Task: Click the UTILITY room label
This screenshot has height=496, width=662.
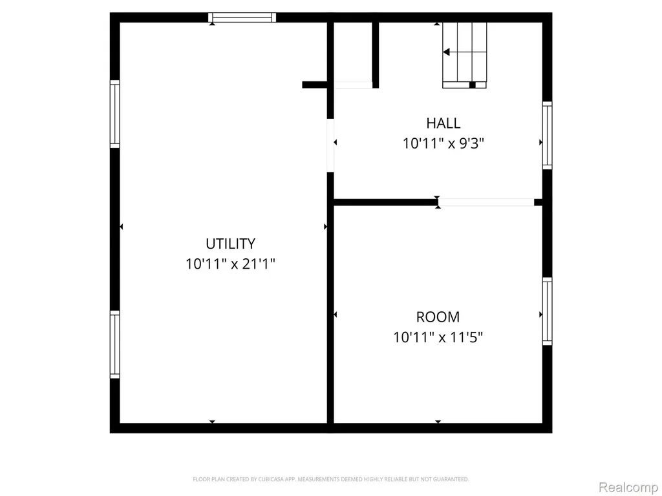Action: pyautogui.click(x=231, y=243)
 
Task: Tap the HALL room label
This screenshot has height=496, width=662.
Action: pyautogui.click(x=443, y=123)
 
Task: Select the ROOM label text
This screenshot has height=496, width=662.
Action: pyautogui.click(x=438, y=316)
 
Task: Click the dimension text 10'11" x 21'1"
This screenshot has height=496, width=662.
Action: pyautogui.click(x=231, y=264)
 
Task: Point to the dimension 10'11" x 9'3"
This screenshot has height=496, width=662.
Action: pyautogui.click(x=443, y=144)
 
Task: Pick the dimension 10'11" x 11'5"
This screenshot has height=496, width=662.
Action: pyautogui.click(x=438, y=337)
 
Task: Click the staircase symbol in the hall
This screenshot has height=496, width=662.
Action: pyautogui.click(x=464, y=56)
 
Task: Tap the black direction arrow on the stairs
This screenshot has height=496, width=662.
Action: pyautogui.click(x=446, y=52)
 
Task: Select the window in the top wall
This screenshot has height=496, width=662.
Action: pyautogui.click(x=242, y=17)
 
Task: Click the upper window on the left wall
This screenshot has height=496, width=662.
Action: pyautogui.click(x=115, y=114)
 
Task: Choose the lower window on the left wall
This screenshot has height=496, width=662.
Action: pyautogui.click(x=115, y=345)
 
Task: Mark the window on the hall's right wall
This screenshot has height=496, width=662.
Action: pyautogui.click(x=547, y=136)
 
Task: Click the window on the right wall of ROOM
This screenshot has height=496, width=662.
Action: pyautogui.click(x=547, y=311)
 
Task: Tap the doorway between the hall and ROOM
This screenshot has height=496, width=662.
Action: pyautogui.click(x=486, y=202)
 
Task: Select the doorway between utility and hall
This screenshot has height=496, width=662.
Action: pyautogui.click(x=330, y=145)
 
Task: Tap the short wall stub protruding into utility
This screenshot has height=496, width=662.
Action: pyautogui.click(x=315, y=85)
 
